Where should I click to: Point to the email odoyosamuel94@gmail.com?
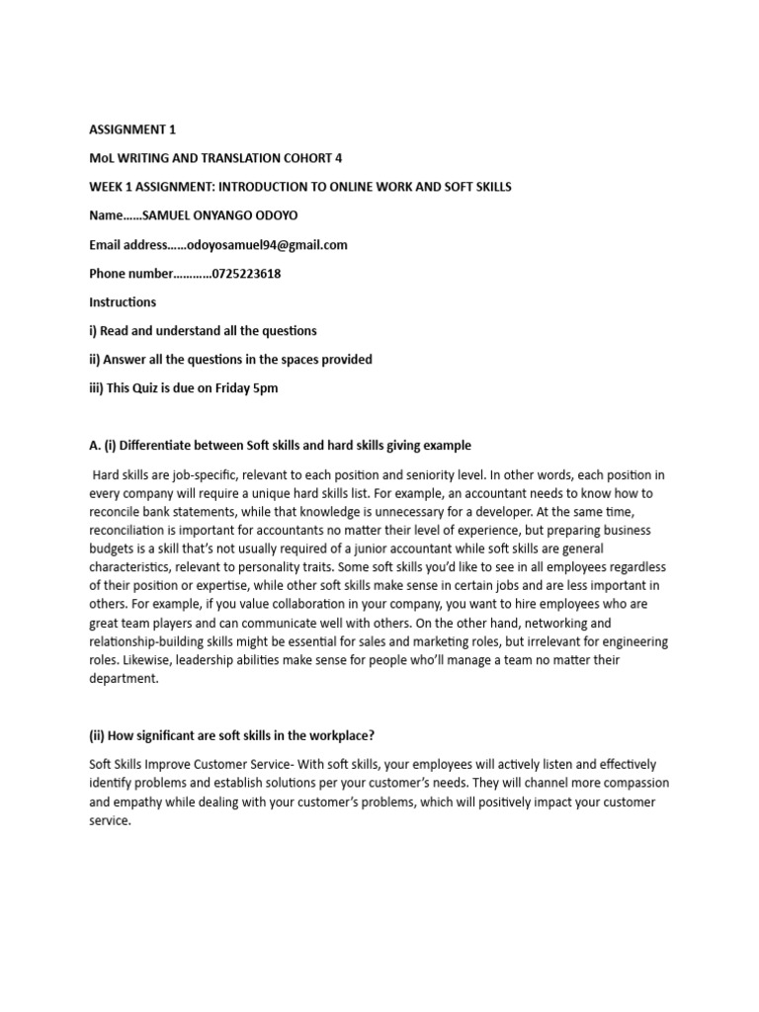[x=260, y=245]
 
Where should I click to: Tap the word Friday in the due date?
[x=225, y=388]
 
